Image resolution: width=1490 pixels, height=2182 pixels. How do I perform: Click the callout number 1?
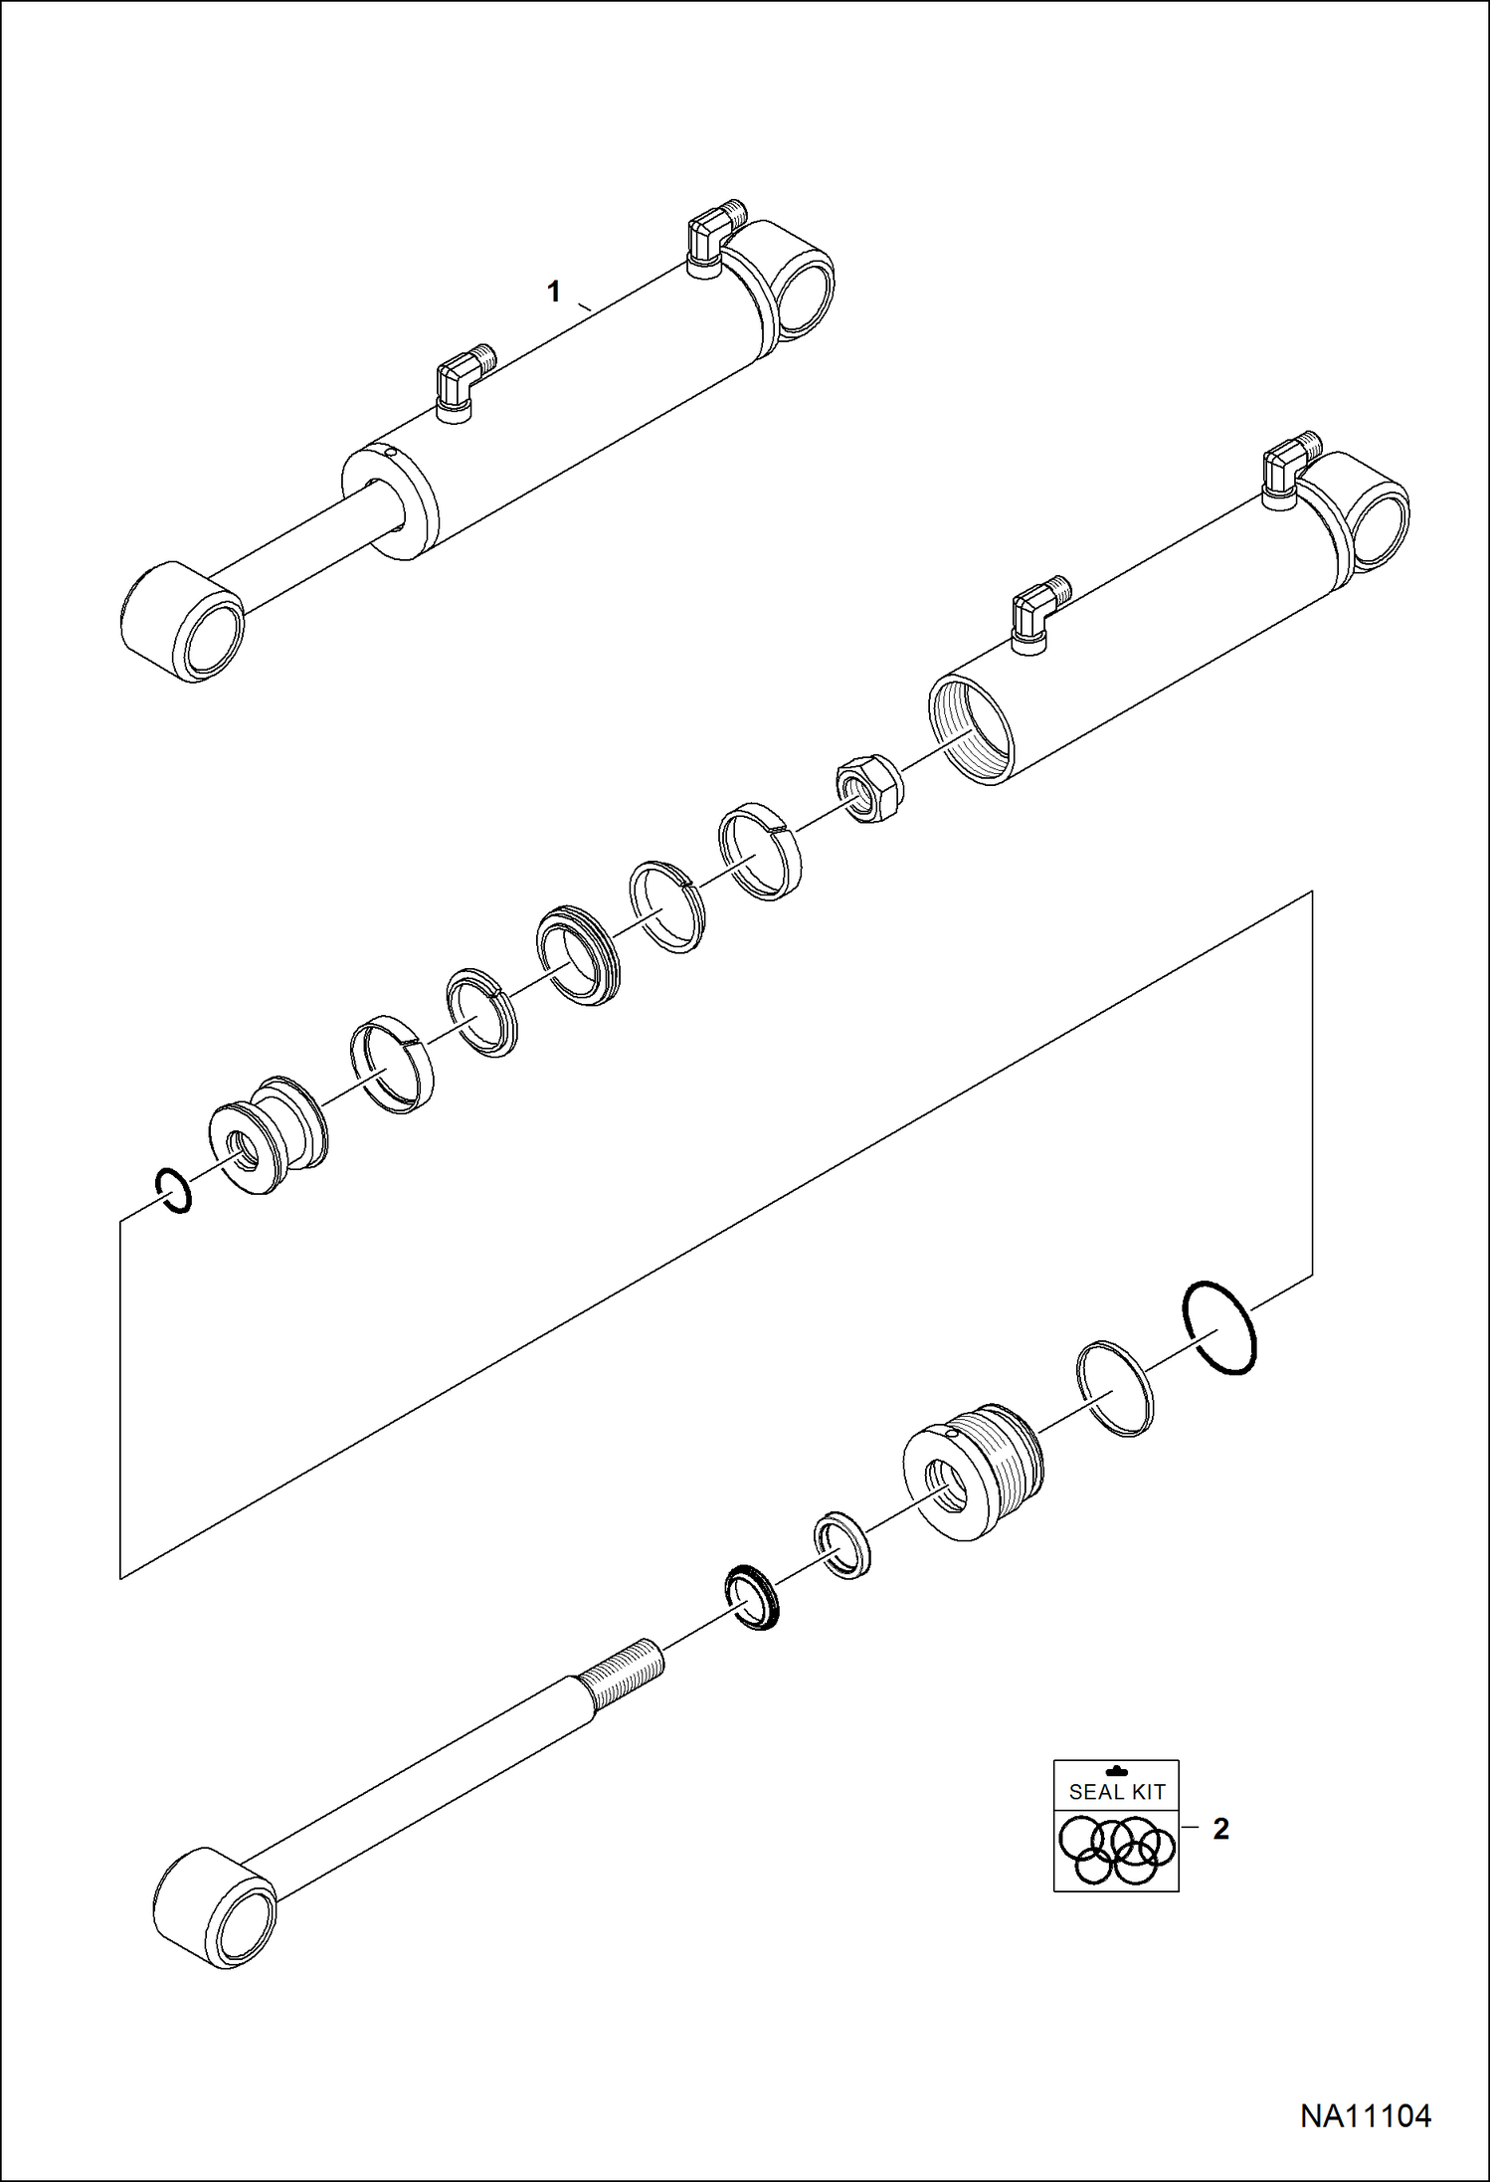(554, 292)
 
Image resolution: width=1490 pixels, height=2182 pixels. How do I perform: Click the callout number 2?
(1220, 1829)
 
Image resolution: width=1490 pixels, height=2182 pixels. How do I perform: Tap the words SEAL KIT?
(1117, 1792)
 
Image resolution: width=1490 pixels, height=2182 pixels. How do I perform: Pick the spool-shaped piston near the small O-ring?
(267, 1134)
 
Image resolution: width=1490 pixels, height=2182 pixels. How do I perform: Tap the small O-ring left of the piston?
(173, 1191)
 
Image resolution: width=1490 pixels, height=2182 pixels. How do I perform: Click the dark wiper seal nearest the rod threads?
(752, 1597)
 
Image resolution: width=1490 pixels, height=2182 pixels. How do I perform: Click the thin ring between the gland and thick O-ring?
(1115, 1388)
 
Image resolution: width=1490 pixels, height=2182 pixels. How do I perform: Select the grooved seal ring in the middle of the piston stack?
(578, 955)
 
